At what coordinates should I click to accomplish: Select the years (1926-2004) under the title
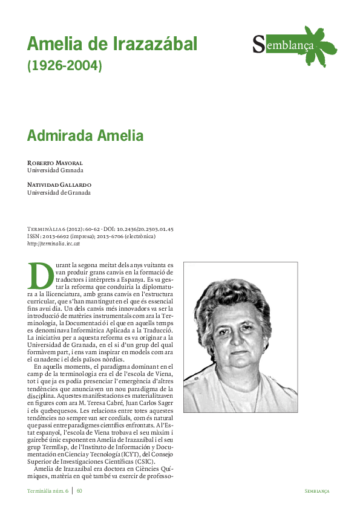[x=65, y=65]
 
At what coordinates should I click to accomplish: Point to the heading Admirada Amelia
[x=85, y=135]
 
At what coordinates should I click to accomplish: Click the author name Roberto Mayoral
[x=54, y=163]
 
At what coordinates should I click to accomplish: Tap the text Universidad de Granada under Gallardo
[x=59, y=192]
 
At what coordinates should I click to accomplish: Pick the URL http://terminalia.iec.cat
[x=53, y=243]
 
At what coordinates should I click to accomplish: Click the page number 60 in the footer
[x=79, y=491]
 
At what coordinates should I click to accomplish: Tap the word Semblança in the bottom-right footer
[x=317, y=491]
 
